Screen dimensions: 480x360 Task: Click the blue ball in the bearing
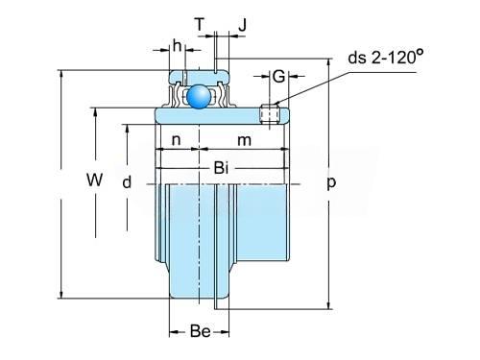199,96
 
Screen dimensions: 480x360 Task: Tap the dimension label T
200,24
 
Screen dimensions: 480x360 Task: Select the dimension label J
243,25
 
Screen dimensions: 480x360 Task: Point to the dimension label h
177,46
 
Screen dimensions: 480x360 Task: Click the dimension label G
278,77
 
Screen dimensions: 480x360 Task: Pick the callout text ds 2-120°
386,57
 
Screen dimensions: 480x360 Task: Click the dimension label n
177,140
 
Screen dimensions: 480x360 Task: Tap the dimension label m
244,140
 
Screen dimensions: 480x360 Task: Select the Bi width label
221,168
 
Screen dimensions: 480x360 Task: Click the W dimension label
95,180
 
